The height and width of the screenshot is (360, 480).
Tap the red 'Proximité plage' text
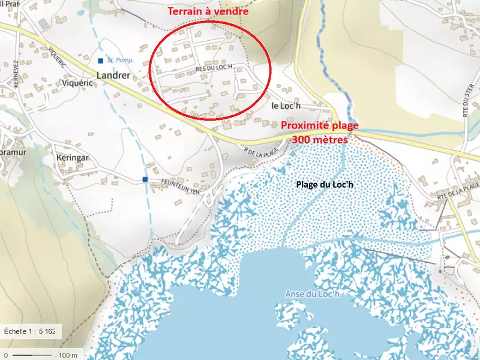tap(320, 125)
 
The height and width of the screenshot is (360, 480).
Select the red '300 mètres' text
tap(320, 139)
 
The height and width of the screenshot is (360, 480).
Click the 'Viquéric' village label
tap(75, 83)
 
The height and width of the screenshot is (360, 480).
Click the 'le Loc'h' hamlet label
tap(285, 106)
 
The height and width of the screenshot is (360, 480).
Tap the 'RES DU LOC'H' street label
tap(213, 68)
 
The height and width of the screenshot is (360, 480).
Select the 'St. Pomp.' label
tap(120, 61)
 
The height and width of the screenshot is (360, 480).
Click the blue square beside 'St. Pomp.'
tap(101, 61)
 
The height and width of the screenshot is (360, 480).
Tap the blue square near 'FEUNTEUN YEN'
tap(145, 179)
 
